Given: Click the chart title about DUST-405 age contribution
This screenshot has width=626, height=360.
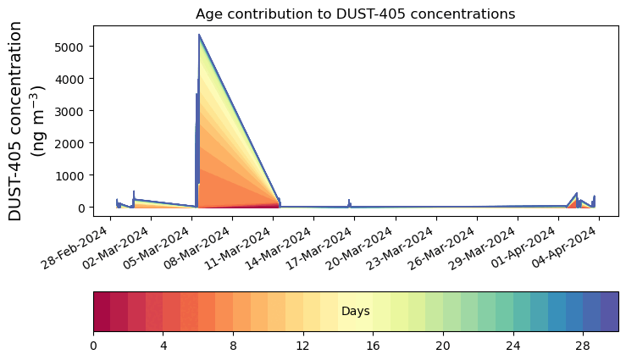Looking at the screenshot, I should [355, 14].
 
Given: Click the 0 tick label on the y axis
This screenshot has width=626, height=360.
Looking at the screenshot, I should [81, 208].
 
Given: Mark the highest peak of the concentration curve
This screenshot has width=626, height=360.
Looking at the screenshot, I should [199, 36].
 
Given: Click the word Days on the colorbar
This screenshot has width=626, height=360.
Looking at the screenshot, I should [355, 312].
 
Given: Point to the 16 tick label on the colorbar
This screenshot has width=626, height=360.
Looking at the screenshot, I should [373, 346].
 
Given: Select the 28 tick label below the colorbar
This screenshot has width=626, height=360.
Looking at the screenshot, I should [583, 346].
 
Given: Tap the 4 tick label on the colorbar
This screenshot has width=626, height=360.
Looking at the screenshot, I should [163, 346].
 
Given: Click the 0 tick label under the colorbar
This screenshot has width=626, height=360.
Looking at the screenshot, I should [93, 346].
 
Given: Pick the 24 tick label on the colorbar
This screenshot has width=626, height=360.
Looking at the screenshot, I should [512, 346].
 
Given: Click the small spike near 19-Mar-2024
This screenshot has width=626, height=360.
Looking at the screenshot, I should [349, 202].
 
